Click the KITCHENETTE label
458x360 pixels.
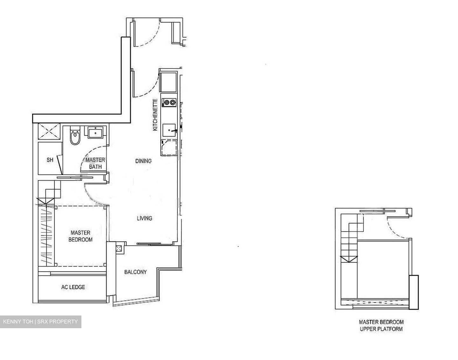point(155,115)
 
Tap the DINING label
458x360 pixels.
point(143,161)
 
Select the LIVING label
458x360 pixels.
point(144,218)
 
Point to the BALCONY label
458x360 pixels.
point(135,272)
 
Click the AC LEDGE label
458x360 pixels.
point(73,287)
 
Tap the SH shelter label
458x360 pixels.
point(50,160)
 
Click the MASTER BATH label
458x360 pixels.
point(95,163)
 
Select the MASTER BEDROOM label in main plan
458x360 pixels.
point(80,236)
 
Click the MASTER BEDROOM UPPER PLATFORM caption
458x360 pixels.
point(381,326)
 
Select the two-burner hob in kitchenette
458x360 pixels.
point(169,102)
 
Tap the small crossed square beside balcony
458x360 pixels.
point(119,248)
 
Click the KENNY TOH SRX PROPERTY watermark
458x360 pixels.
point(40,322)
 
